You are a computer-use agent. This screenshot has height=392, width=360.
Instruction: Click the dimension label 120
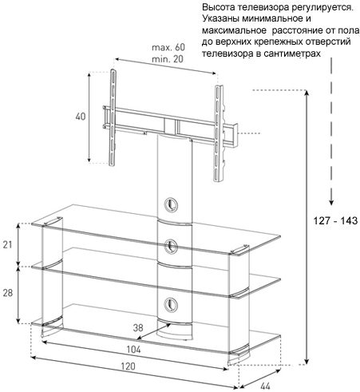point(128,366)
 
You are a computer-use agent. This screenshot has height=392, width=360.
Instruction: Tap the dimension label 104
point(133,350)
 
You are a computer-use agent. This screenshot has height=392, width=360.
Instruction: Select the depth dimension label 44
point(265,386)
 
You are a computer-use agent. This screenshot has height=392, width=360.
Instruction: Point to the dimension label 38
point(138,327)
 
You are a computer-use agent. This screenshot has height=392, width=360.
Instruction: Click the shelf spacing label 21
point(7,244)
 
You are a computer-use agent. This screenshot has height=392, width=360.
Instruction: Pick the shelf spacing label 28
point(8,293)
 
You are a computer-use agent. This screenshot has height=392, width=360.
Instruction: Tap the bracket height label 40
point(81,117)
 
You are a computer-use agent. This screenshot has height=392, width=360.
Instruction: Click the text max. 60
point(168,47)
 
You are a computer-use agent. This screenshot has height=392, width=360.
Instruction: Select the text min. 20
point(168,59)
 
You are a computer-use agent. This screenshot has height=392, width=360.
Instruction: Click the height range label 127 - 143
point(335,220)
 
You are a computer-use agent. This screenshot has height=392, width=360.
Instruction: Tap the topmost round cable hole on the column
point(171,204)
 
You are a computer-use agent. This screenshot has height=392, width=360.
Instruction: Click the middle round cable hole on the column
point(171,247)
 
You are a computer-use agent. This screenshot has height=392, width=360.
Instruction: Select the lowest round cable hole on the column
point(171,304)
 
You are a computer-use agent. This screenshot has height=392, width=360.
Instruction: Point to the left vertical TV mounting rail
point(113,117)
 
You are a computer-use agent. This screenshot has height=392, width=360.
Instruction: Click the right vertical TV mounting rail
point(219,133)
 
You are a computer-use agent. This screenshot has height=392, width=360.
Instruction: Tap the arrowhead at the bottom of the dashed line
point(331,202)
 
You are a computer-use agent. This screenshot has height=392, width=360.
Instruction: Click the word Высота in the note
point(219,7)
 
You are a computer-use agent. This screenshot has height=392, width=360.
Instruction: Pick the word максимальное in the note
point(234,30)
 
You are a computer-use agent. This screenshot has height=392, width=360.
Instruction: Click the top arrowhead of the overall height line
point(307,93)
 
